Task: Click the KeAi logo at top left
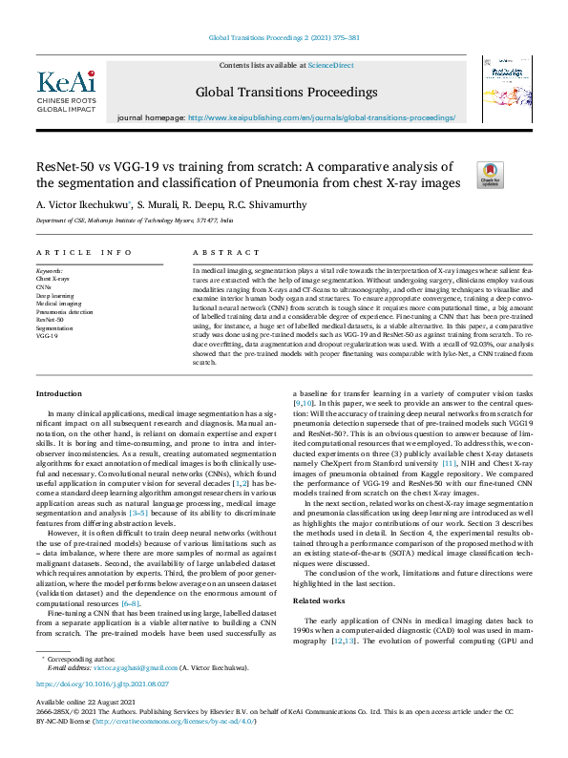[66, 91]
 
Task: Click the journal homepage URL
[323, 118]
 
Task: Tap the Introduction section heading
[59, 393]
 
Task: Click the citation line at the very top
[284, 38]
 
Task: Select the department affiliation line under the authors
[134, 220]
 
